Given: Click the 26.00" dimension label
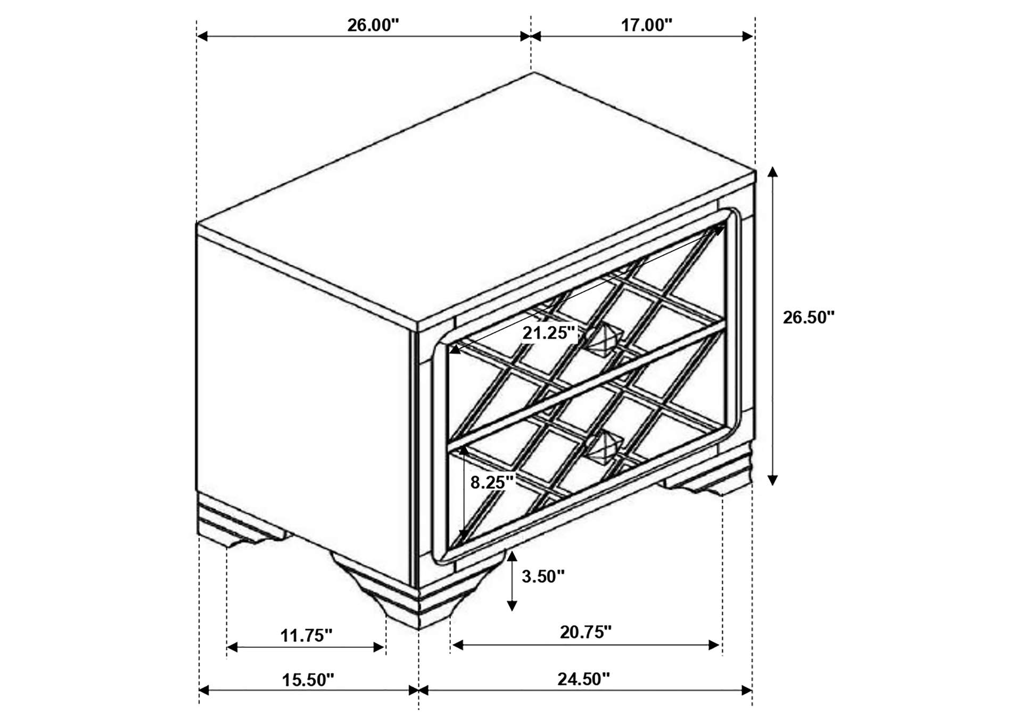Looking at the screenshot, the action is click(x=373, y=25).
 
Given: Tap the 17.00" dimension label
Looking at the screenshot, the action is click(x=647, y=25).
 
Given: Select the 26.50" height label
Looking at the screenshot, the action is click(x=809, y=317).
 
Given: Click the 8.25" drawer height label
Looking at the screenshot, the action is click(x=492, y=482).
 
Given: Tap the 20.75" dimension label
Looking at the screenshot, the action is click(x=586, y=632).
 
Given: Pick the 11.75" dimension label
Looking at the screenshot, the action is click(x=306, y=636).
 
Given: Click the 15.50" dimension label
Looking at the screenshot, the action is click(x=308, y=680).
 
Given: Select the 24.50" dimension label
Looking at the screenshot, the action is click(x=583, y=679).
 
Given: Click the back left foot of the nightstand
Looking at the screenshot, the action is click(x=240, y=522).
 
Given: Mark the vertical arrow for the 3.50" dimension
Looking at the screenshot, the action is click(x=512, y=581).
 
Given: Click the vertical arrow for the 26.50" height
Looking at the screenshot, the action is click(x=773, y=326).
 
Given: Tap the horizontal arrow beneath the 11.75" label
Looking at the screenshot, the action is click(x=306, y=648).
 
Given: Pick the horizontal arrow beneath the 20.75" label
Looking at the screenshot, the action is click(x=586, y=645).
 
